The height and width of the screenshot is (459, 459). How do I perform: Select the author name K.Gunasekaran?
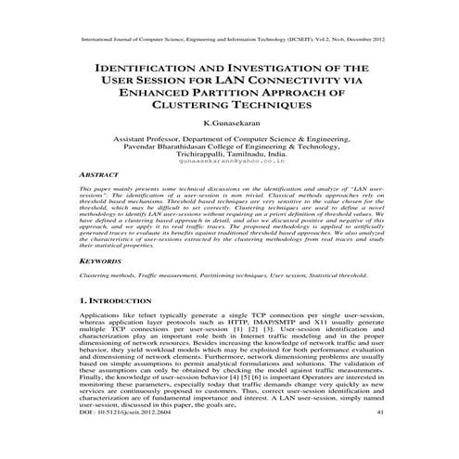pos(229,123)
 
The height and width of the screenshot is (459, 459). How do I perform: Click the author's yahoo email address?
pos(229,160)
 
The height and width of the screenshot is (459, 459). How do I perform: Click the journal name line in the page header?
pos(229,42)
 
